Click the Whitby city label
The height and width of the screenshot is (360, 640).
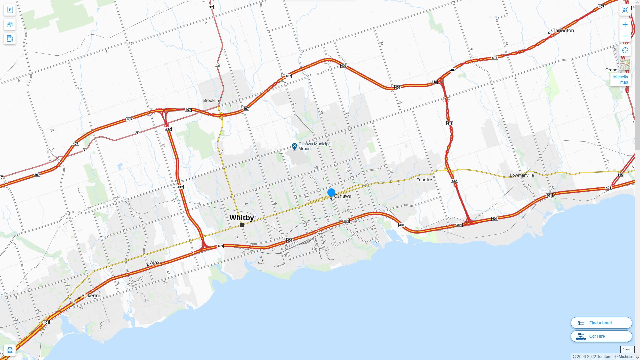pos(242,218)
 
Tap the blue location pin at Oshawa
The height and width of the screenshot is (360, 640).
pos(331,192)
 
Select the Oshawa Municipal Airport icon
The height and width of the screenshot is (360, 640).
pos(294,146)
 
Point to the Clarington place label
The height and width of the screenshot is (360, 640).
pos(562,30)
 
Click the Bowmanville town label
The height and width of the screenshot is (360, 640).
pos(522,175)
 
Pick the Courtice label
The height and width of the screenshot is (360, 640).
pos(424,180)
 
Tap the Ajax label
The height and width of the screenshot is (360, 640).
pos(155,263)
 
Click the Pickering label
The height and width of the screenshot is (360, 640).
pos(91,296)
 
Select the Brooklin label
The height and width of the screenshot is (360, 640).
pos(211,100)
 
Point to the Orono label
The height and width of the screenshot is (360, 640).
pos(611,70)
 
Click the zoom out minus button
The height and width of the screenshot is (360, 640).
pos(625,36)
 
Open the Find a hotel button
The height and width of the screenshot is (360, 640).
pos(601,323)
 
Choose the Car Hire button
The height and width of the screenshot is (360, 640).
pos(601,336)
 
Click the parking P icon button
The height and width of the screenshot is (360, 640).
pos(10,10)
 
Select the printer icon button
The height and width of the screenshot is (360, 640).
pos(10,350)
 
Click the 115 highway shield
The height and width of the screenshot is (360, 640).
pos(620,175)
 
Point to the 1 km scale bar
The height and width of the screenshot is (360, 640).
pos(627,349)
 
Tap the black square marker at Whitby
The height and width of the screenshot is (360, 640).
pos(242,225)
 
